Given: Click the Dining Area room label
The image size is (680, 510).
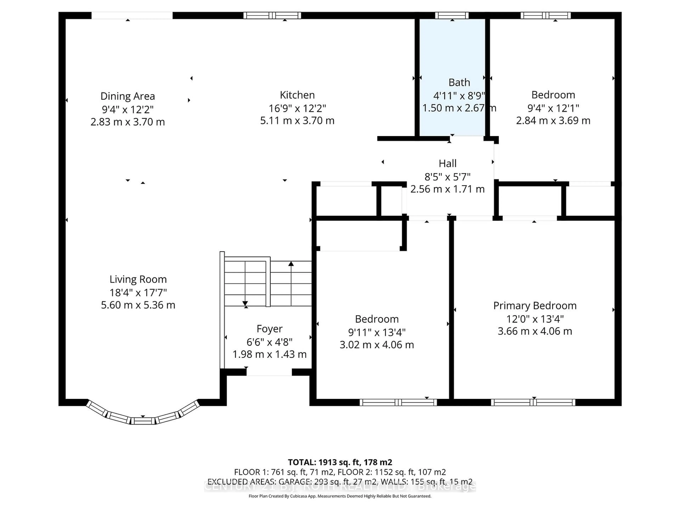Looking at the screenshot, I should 127,96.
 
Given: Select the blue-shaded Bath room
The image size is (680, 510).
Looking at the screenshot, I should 452,55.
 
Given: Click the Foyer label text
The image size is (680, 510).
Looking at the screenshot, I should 269,329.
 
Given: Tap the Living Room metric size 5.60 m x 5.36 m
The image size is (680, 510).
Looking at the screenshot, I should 138,305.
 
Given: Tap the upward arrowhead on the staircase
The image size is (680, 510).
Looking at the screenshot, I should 291,263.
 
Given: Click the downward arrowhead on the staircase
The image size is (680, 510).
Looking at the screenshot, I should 245,303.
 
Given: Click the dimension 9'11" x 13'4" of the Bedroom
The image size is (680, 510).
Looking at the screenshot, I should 377,332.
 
